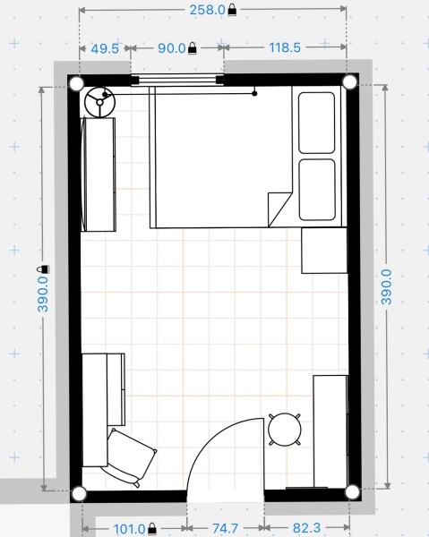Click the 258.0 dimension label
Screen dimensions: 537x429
(206, 10)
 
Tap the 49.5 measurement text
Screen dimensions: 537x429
(105, 49)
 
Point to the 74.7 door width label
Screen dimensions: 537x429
(225, 528)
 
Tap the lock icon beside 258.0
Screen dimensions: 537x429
(233, 10)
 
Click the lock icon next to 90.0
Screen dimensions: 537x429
(192, 49)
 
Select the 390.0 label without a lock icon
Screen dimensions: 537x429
(388, 287)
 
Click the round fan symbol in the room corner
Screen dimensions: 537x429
(99, 102)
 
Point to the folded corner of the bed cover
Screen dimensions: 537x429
(279, 205)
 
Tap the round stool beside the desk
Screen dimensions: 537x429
(285, 429)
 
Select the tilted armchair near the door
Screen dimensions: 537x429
(132, 456)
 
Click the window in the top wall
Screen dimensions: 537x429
(177, 81)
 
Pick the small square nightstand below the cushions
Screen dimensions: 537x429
(323, 250)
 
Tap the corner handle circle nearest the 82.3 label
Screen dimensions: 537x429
(352, 491)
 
